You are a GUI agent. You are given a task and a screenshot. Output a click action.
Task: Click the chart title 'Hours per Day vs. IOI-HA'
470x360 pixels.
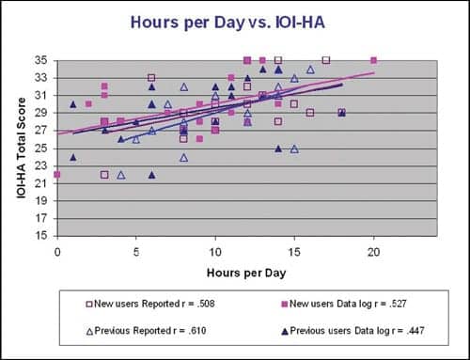pyautogui.click(x=234, y=22)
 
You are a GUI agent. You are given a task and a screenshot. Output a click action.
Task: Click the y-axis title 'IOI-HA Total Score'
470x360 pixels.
pyautogui.click(x=22, y=148)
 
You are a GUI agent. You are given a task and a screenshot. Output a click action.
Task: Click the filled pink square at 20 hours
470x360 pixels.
pyautogui.click(x=373, y=59)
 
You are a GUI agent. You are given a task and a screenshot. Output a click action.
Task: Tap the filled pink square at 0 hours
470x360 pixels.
pyautogui.click(x=57, y=174)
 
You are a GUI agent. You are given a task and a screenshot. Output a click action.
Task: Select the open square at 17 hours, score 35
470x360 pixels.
pyautogui.click(x=325, y=59)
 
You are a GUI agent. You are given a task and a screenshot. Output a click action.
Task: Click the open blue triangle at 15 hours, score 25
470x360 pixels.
pyautogui.click(x=294, y=148)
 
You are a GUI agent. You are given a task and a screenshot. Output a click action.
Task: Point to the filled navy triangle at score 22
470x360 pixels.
pyautogui.click(x=151, y=174)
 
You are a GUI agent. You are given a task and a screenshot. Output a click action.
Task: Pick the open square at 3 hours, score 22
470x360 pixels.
pyautogui.click(x=104, y=174)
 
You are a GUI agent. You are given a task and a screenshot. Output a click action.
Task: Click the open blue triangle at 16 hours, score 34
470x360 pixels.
pyautogui.click(x=310, y=69)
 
